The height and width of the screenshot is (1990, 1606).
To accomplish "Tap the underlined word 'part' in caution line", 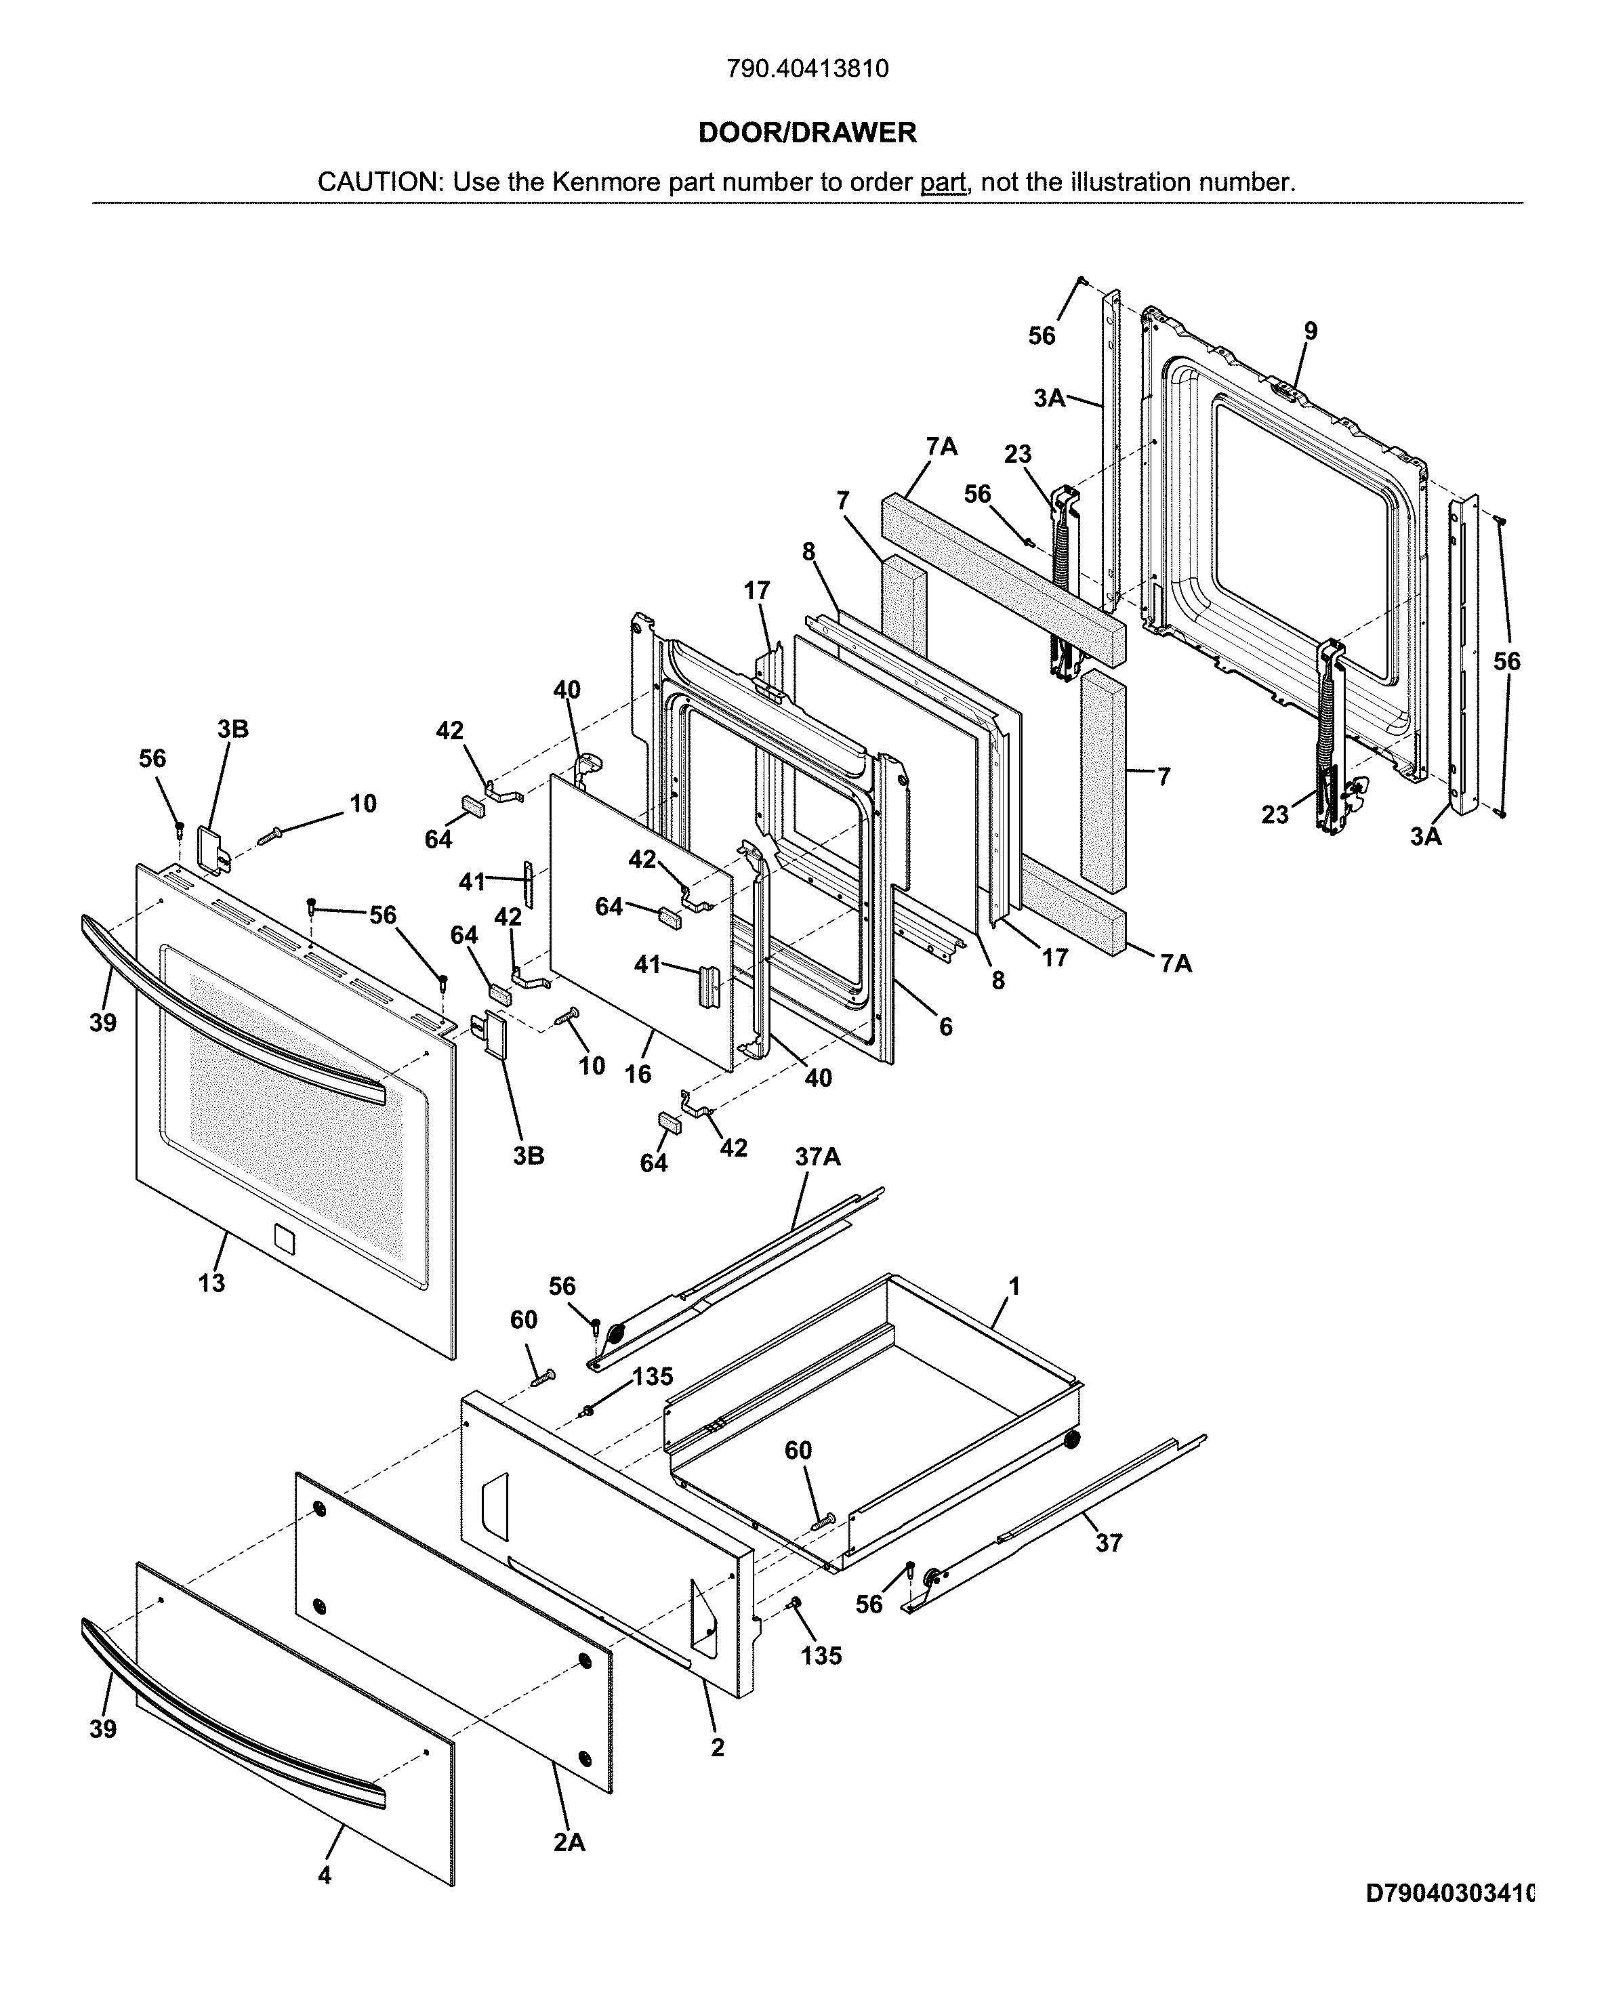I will click(943, 182).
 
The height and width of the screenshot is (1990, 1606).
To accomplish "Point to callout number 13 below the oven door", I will click(212, 1282).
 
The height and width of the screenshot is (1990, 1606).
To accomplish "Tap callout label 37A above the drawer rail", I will click(818, 1157).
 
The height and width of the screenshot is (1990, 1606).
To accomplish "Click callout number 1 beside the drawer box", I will click(1014, 1286).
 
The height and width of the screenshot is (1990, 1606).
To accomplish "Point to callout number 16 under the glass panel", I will click(638, 1073).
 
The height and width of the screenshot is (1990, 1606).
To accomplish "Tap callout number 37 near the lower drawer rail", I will click(1109, 1542).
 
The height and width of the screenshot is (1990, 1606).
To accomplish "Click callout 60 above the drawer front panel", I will click(524, 1319).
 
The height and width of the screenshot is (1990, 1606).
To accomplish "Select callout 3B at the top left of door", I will click(233, 728).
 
